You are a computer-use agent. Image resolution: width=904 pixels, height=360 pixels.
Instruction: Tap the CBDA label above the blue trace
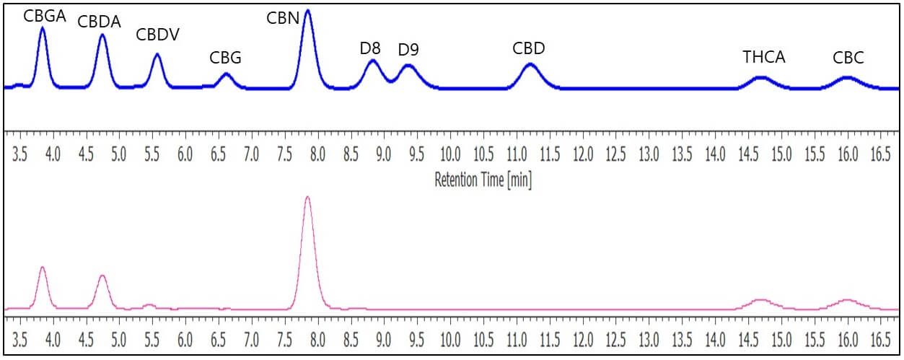click(x=100, y=22)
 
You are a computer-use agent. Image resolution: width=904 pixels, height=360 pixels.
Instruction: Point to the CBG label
click(x=225, y=58)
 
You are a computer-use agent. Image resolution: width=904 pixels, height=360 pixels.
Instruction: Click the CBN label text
click(x=283, y=18)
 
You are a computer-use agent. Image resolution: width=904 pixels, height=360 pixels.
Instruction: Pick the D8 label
click(x=370, y=49)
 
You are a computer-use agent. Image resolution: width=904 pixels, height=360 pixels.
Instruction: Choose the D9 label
click(x=408, y=50)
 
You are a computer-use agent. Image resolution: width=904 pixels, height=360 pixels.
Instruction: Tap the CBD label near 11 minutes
click(x=529, y=49)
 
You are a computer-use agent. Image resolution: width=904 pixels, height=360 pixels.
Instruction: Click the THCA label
click(x=764, y=58)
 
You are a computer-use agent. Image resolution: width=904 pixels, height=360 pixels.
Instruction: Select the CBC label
click(x=848, y=58)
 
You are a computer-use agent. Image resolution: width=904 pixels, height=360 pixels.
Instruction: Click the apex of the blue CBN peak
click(x=308, y=10)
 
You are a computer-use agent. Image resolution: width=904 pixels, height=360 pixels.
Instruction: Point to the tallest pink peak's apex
click(x=308, y=196)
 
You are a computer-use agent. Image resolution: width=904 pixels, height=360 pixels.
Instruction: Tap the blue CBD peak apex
click(x=530, y=64)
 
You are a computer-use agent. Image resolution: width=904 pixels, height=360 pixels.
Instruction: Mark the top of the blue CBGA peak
click(x=43, y=28)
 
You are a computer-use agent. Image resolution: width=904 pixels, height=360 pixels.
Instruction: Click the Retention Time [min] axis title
click(x=483, y=180)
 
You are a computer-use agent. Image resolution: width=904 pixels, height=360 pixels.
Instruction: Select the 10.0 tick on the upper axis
click(x=450, y=154)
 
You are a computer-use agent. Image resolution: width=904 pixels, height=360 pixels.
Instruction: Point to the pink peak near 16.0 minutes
click(x=846, y=299)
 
